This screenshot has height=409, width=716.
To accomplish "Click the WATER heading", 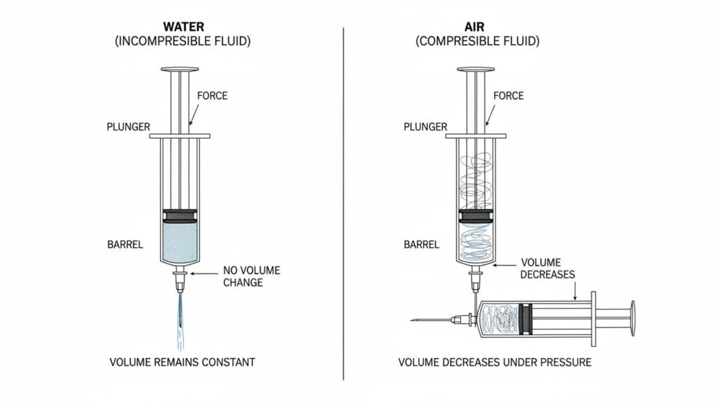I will click(x=182, y=27).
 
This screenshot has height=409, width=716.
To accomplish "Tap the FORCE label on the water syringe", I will click(x=213, y=96).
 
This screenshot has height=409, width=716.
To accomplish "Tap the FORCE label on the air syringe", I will click(x=508, y=96).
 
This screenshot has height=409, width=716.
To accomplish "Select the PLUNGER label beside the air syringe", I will click(x=425, y=127).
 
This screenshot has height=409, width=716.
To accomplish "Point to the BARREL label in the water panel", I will click(x=125, y=245).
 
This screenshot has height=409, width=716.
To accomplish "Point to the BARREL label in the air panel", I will click(x=422, y=245).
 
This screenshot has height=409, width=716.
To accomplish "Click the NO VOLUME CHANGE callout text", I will click(x=243, y=276).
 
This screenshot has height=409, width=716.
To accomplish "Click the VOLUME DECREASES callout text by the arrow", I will click(x=547, y=268).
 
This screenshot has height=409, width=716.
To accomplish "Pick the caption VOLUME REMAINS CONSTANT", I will click(x=182, y=362).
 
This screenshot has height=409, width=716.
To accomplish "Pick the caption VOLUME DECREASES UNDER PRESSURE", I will click(x=494, y=362).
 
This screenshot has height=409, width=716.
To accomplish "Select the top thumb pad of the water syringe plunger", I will click(x=182, y=69).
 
